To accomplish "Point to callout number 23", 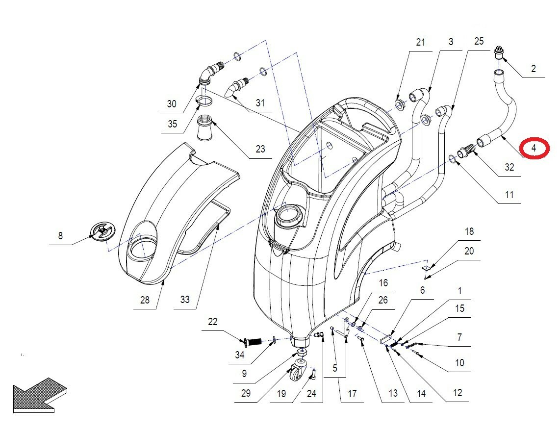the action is (260, 149).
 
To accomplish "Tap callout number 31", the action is (260, 103).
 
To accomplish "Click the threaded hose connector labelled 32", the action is (466, 151).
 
